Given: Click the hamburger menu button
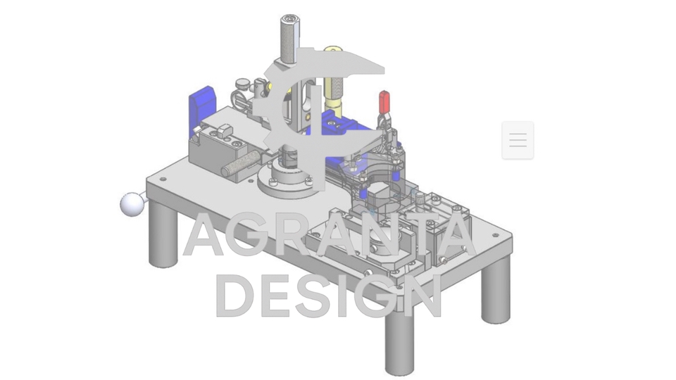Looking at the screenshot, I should point(518,140).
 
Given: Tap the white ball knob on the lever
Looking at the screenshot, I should point(132,204).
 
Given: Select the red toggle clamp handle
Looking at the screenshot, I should point(384,103).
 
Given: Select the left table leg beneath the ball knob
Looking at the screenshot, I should point(163,236).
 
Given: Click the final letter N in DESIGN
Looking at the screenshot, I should point(423,296).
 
